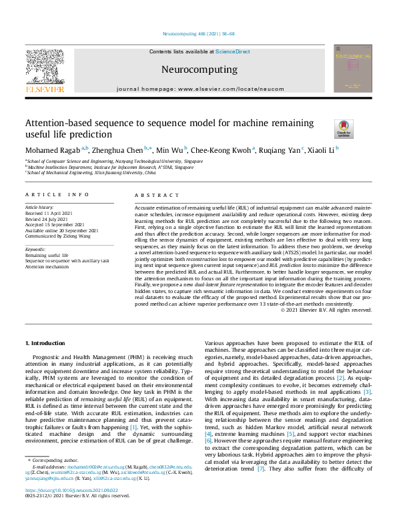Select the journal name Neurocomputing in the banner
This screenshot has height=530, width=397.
(x=198, y=69)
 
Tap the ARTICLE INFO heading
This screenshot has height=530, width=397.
(x=57, y=194)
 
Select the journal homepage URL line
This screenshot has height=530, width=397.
(x=197, y=89)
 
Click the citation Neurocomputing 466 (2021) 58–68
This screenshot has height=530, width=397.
(x=198, y=33)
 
